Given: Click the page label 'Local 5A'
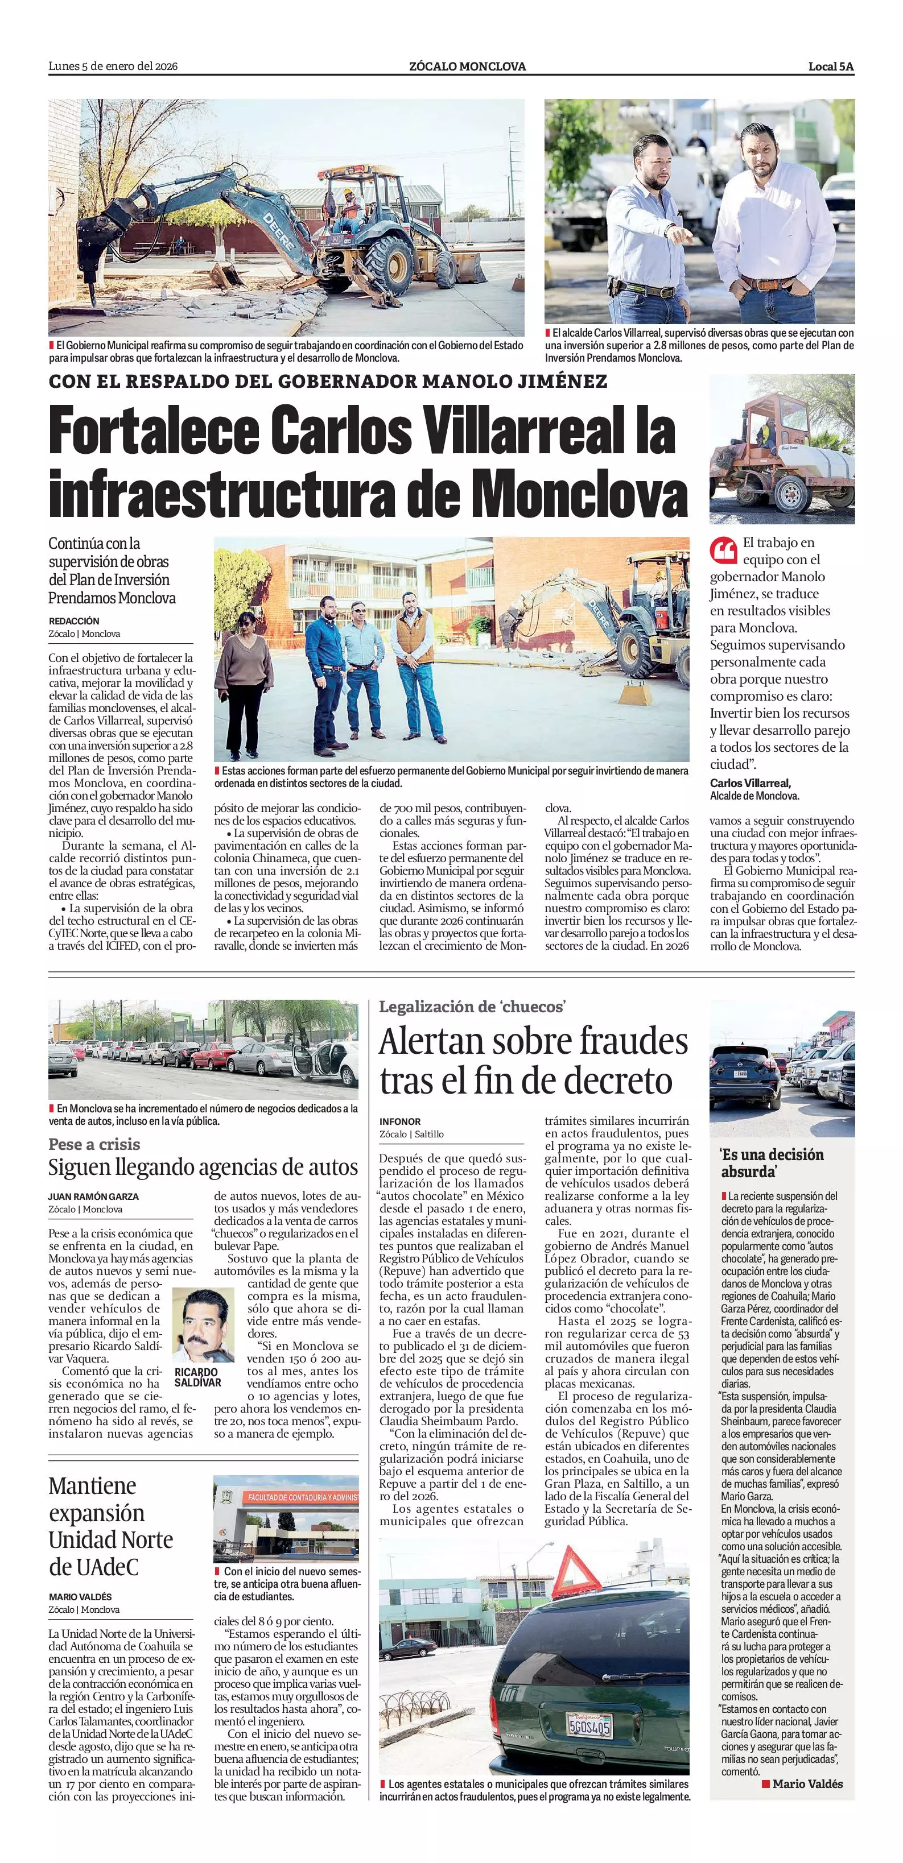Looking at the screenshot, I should (x=831, y=67).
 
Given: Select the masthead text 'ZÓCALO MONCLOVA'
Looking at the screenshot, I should (x=467, y=67).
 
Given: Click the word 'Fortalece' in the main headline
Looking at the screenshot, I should (x=154, y=432).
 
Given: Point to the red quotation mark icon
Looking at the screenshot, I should (x=722, y=551).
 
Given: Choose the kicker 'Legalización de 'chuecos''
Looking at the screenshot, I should (x=472, y=1007).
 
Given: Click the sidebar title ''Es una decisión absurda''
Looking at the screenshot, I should (x=772, y=1163).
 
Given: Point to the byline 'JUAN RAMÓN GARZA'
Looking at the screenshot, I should (x=93, y=1196).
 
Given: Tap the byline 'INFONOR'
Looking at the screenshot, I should (x=399, y=1121).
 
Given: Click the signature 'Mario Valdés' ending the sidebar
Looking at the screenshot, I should (x=807, y=1784).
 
